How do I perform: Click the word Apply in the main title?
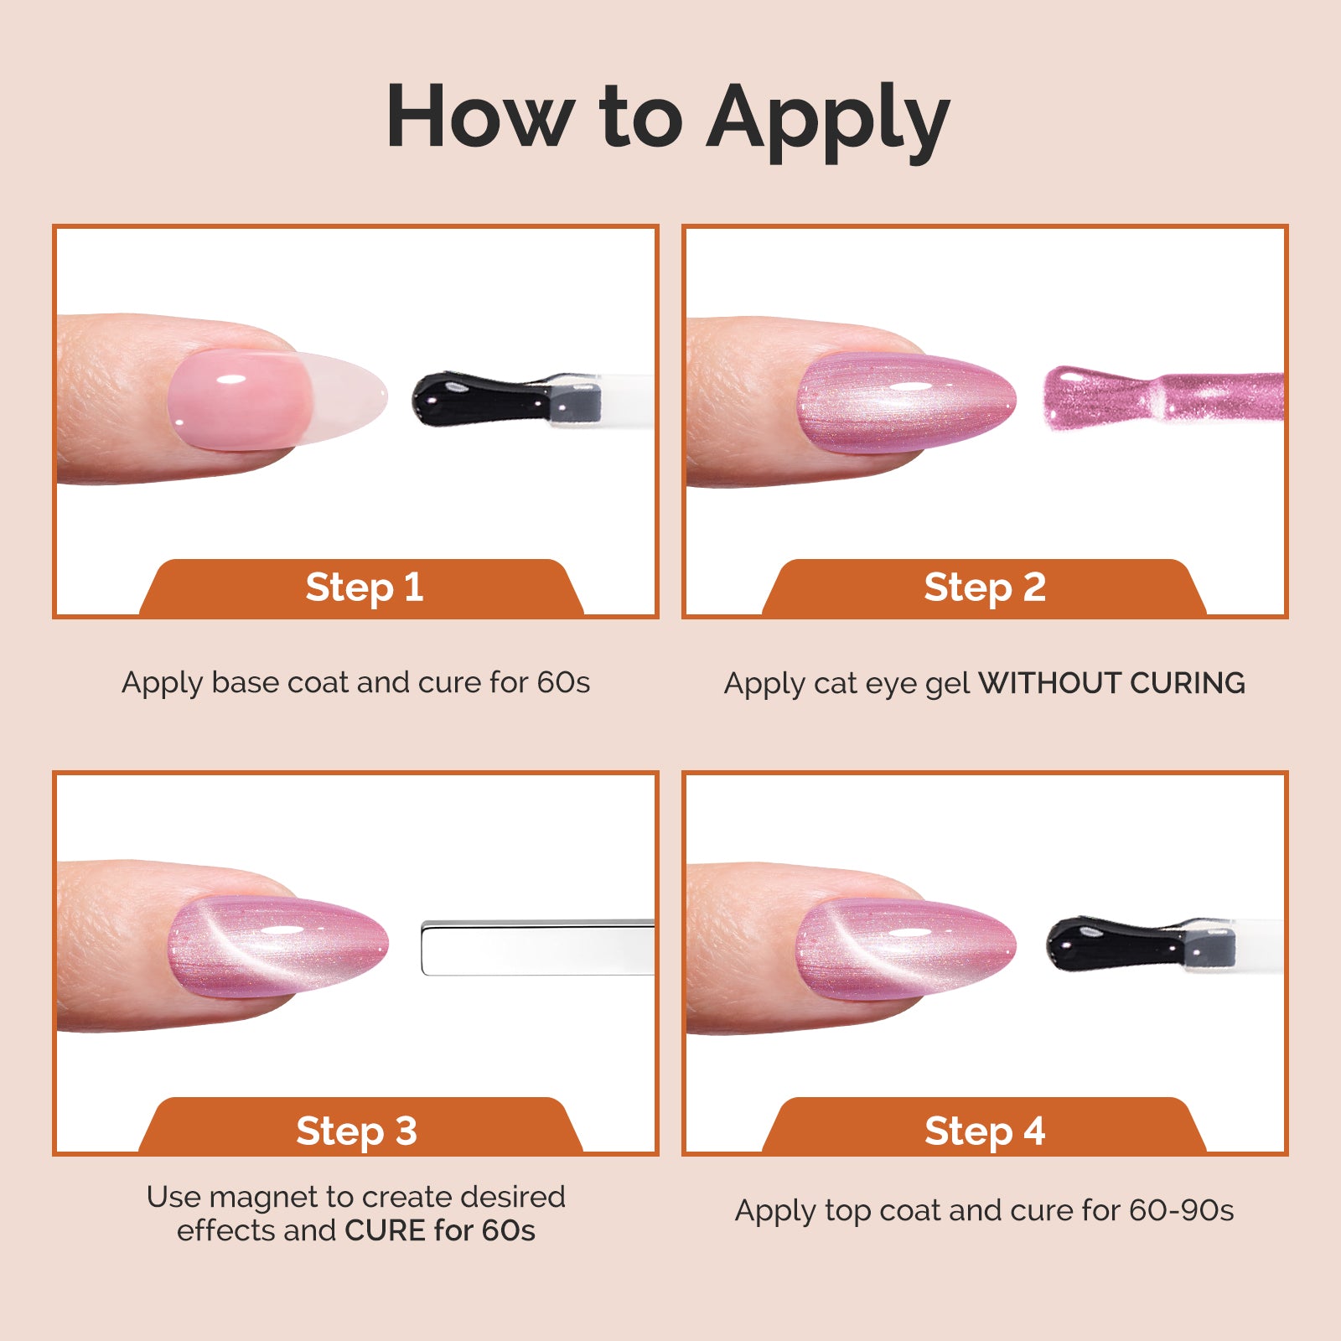[x=828, y=119]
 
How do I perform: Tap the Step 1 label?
[x=364, y=587]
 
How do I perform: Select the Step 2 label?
[x=985, y=587]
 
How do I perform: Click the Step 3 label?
[x=356, y=1131]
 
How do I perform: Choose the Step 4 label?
[x=985, y=1131]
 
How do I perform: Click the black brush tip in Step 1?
[x=478, y=399]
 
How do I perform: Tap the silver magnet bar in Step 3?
[x=536, y=948]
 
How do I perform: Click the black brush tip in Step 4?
[x=1115, y=944]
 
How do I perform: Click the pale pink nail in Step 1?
[x=251, y=399]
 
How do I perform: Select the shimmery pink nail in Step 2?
[x=905, y=402]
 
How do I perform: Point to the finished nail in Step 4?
[x=905, y=947]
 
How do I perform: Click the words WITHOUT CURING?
[x=1111, y=683]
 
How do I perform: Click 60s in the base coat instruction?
[x=563, y=682]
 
